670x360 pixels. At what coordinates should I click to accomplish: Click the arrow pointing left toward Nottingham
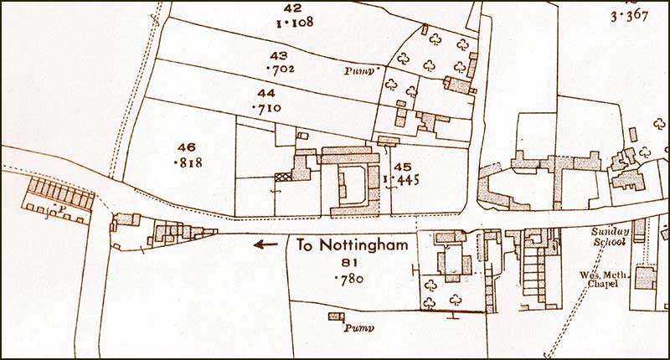point(265,245)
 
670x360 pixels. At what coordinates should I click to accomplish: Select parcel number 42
point(294,8)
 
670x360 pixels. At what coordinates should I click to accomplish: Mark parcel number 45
point(402,167)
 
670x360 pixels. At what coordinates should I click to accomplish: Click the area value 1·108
point(294,23)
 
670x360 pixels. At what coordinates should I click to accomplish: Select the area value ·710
point(266,108)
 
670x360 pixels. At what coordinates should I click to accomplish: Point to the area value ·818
point(186,162)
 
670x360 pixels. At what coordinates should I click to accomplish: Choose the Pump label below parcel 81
point(358,328)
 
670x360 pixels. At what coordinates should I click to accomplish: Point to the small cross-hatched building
point(284,177)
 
